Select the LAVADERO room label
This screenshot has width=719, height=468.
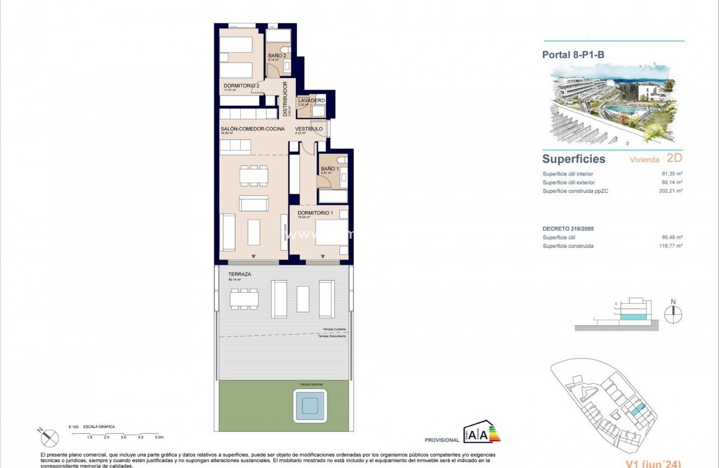coord(312,101)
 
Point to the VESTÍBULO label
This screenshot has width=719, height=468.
coord(308,129)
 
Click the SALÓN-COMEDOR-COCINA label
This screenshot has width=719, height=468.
coord(252,129)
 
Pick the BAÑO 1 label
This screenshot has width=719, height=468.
coord(330,169)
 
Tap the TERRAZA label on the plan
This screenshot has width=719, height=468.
coord(240,275)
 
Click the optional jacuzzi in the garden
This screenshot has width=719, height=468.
coord(310,405)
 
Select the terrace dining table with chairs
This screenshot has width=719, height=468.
coord(244,299)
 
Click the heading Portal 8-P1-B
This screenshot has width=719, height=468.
coord(573,54)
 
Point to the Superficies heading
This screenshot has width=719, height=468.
coord(574,159)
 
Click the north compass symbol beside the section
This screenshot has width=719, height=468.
coord(673,314)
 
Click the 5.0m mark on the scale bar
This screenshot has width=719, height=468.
coord(159,437)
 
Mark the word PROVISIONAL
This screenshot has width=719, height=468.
coord(442,440)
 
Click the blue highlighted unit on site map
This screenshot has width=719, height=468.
coord(636,410)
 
